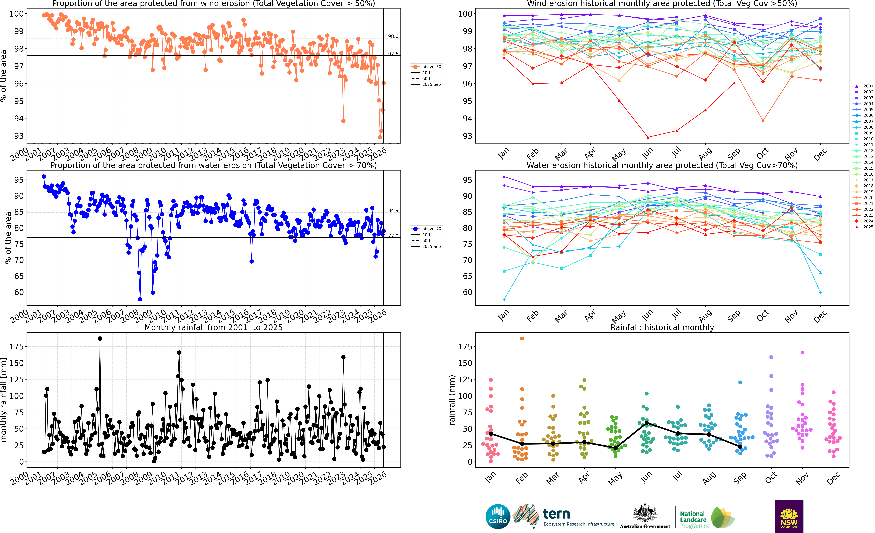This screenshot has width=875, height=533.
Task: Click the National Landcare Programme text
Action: click(694, 519)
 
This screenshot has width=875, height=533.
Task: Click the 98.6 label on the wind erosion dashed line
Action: click(393, 36)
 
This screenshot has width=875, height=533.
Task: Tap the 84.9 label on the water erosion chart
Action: click(393, 210)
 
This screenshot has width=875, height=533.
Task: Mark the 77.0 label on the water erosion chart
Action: click(393, 236)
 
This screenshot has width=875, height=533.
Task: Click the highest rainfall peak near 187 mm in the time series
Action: click(100, 339)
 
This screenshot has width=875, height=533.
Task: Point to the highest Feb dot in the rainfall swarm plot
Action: click(522, 339)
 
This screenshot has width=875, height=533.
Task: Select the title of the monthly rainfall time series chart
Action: click(213, 327)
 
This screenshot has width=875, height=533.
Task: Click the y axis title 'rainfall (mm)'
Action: click(452, 400)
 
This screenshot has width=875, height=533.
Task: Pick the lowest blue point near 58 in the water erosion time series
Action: click(140, 299)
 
